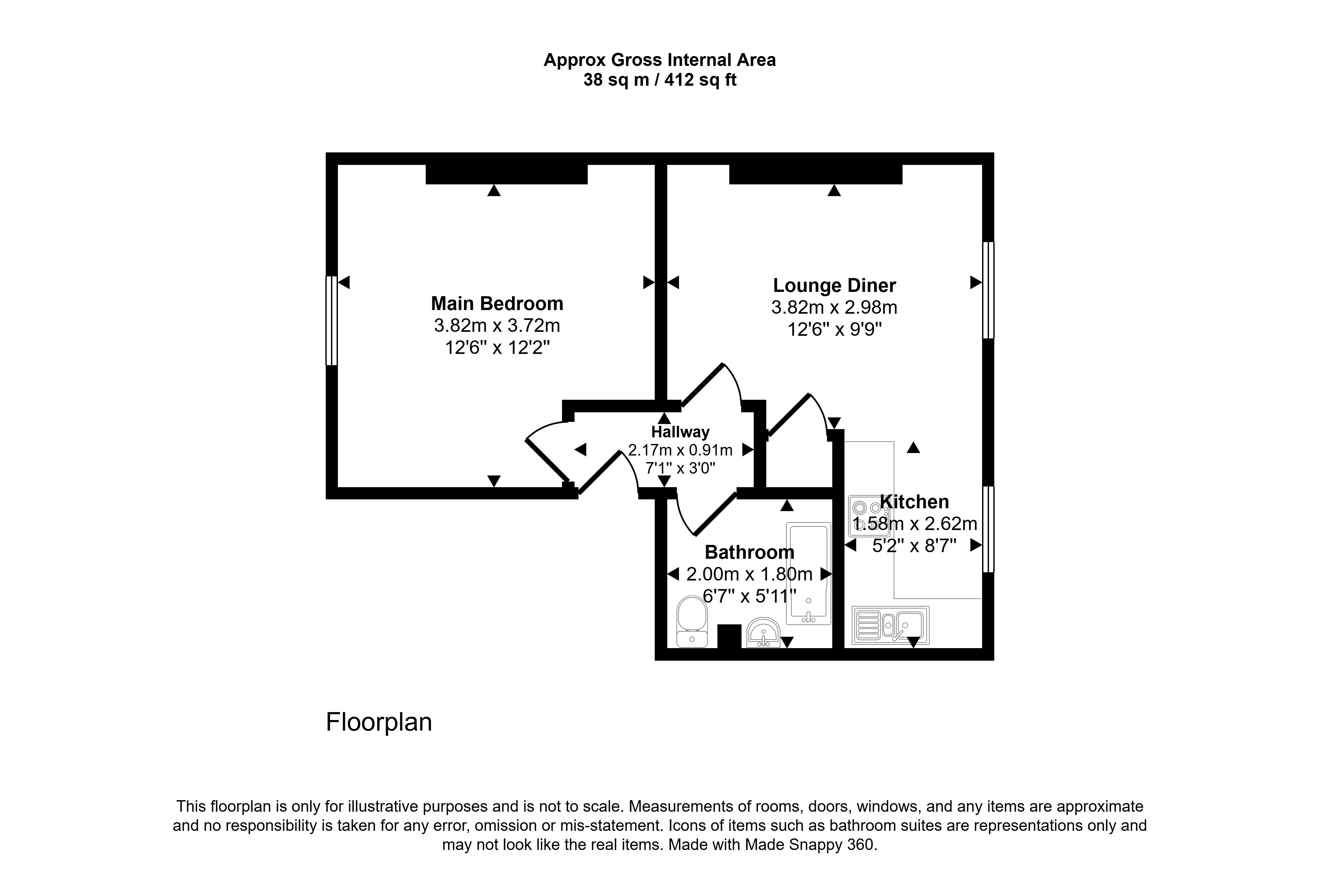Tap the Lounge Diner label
834,285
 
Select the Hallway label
680,432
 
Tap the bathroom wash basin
763,633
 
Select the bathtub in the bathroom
808,574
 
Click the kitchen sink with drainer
890,625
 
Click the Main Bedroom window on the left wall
331,321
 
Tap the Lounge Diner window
988,290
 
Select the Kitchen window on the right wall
988,529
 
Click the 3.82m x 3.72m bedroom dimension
497,325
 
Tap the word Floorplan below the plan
379,722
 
